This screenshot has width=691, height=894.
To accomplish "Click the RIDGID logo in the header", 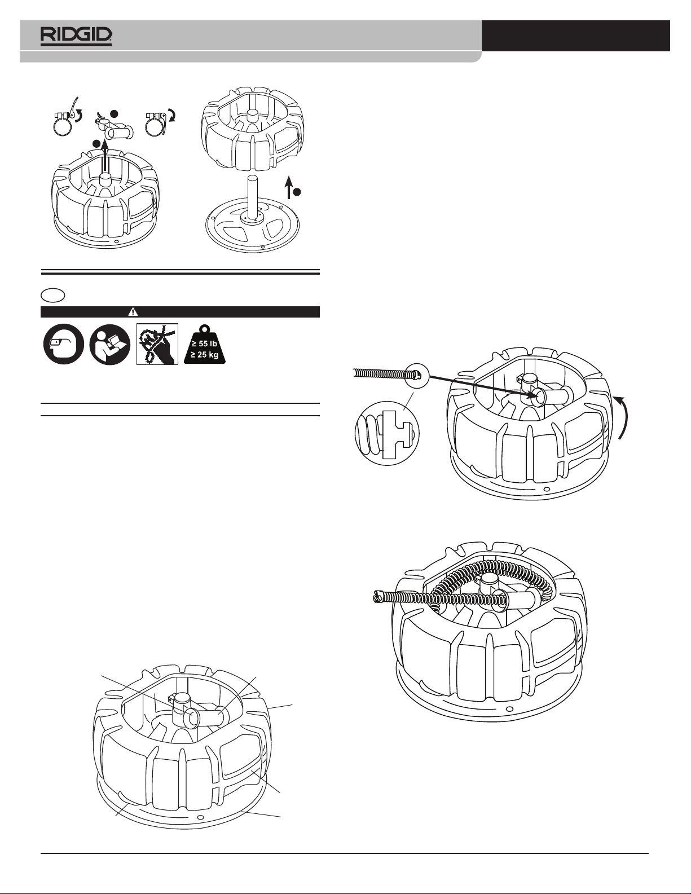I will (x=76, y=36).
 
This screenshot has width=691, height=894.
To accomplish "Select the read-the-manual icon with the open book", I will (x=110, y=344).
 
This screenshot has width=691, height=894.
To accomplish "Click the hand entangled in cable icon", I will (x=157, y=344).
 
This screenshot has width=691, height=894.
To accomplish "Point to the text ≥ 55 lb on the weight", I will (x=204, y=343).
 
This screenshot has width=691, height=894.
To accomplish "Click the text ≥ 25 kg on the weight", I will (x=204, y=355).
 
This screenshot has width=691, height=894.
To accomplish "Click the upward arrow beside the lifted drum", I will (x=289, y=186).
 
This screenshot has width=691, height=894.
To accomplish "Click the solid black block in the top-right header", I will (x=576, y=36).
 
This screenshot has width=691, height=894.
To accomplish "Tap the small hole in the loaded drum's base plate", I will (x=509, y=709).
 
